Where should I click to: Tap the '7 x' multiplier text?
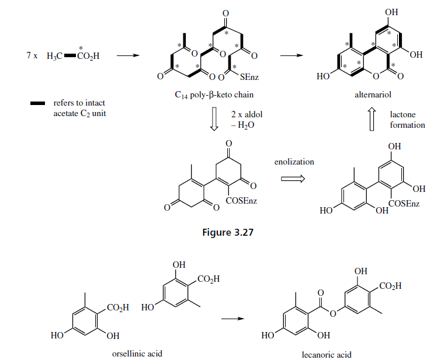pyautogui.click(x=32, y=57)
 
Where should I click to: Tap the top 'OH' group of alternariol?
pyautogui.click(x=392, y=12)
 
